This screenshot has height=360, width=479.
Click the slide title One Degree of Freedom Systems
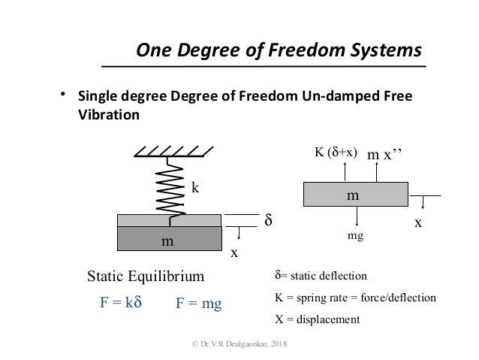point(279,50)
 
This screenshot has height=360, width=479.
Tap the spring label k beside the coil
point(195,189)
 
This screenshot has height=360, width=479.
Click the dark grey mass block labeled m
point(169,239)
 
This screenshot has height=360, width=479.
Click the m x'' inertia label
point(385,154)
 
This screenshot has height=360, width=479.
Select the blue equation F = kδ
point(121,304)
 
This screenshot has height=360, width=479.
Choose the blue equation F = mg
point(200,304)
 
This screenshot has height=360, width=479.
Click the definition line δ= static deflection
point(319,276)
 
